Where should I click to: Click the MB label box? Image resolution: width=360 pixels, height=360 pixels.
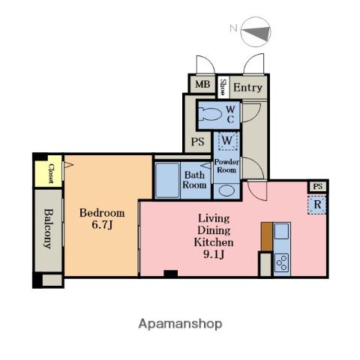[x=202, y=84]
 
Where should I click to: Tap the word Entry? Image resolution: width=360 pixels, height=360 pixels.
[x=247, y=88]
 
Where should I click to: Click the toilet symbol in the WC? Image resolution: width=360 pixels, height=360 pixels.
[x=210, y=115]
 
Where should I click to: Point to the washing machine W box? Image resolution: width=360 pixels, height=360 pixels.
[x=228, y=141]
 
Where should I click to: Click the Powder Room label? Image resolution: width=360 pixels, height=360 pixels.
[x=226, y=166]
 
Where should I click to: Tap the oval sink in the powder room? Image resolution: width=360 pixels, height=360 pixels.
[x=226, y=190]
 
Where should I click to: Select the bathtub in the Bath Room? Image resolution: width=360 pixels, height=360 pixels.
[x=167, y=181]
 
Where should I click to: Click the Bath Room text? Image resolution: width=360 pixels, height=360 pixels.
[x=194, y=180]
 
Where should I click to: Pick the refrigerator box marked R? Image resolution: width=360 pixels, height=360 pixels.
[x=317, y=205]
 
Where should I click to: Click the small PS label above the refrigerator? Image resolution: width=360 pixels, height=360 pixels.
[x=318, y=187]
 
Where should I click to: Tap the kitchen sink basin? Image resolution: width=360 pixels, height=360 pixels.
[x=281, y=232]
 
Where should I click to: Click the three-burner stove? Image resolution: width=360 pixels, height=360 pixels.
[x=282, y=263]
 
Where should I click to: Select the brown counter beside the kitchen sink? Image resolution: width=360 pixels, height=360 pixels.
[x=267, y=236]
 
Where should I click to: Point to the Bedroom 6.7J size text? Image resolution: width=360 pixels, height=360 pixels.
[x=102, y=219]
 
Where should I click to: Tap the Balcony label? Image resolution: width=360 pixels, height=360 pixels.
[x=49, y=229]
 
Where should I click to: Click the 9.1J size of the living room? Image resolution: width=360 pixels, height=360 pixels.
[x=214, y=254]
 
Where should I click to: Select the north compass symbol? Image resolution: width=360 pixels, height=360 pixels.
[x=256, y=31]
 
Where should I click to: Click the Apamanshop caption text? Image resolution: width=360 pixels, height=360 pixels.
[x=180, y=324]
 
